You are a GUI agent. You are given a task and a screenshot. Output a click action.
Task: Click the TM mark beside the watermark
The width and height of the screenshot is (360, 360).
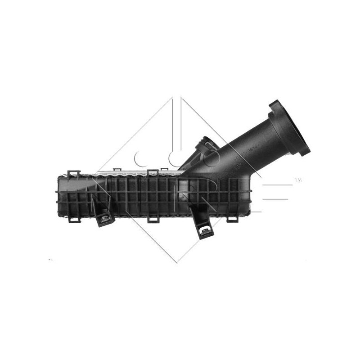pyautogui.click(x=298, y=180)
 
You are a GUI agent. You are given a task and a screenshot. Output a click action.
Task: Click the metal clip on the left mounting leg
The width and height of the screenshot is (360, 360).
pyautogui.click(x=105, y=219)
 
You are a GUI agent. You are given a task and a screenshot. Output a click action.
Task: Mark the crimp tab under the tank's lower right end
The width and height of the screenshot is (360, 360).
pyautogui.click(x=232, y=219)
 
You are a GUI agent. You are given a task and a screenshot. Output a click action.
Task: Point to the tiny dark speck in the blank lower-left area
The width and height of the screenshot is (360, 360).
pyautogui.click(x=50, y=260)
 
